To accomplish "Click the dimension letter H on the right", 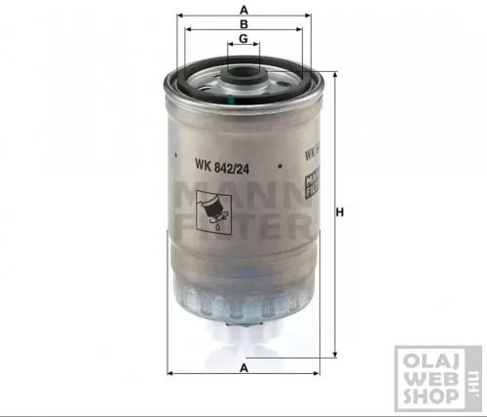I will point(340,213).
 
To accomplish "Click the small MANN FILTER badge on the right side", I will point(313,179).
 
